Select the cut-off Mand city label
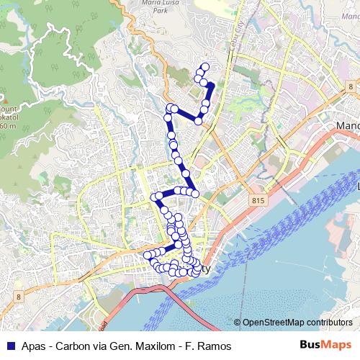tap(347, 126)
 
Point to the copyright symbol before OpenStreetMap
tap(238, 323)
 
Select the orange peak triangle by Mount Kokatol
tap(2, 100)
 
